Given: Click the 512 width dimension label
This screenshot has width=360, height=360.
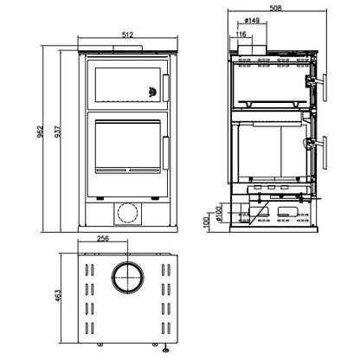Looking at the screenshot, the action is coord(127,35).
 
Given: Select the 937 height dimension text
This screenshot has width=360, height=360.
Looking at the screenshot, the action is coord(58,132).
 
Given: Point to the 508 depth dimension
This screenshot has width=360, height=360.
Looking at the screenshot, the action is coord(275,8).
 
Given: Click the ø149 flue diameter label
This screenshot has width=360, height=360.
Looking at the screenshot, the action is coord(252,21).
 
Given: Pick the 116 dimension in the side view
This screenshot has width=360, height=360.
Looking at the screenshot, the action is coord(241,35).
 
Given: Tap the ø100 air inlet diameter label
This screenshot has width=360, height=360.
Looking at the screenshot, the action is coord(220,213).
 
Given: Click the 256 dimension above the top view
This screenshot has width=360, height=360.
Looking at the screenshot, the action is coord(103,239).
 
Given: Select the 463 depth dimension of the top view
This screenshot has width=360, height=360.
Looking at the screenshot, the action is coord(58,296).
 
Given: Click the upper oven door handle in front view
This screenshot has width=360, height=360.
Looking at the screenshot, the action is coord(166,88).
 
